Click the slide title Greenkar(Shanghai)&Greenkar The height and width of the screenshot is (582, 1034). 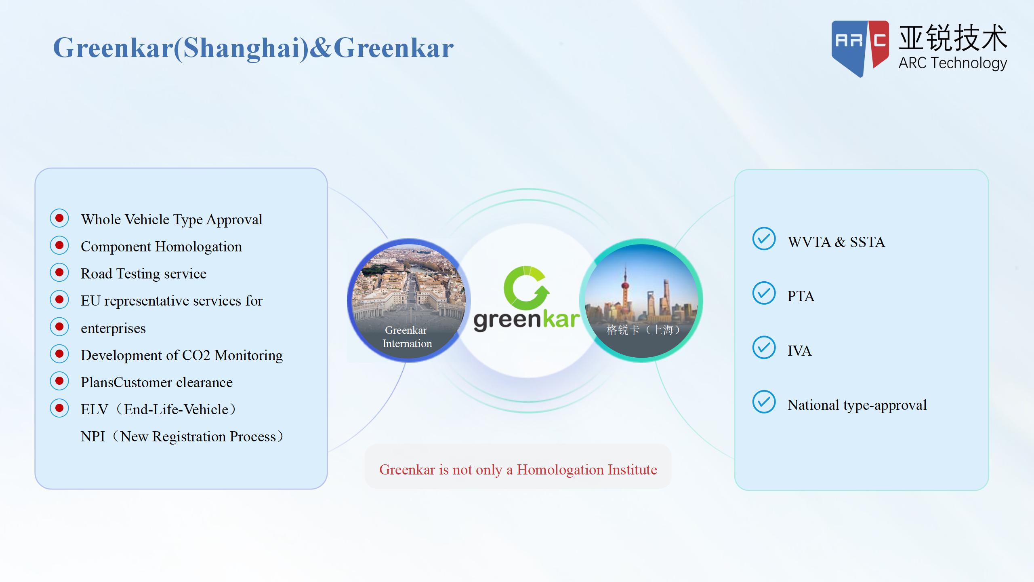tap(253, 48)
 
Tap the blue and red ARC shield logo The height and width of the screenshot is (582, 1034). tap(860, 48)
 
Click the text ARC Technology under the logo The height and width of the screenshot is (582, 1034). tap(952, 63)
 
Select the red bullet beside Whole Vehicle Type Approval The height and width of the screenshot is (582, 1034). tap(59, 218)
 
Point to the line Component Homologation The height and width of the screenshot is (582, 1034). tap(161, 247)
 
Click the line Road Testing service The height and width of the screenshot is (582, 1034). tap(143, 274)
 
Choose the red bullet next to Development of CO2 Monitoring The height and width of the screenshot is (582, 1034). tap(59, 354)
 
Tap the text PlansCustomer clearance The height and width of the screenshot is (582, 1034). tap(157, 382)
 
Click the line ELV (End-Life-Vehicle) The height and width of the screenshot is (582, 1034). tap(159, 409)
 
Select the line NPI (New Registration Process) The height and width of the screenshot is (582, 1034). tap(182, 436)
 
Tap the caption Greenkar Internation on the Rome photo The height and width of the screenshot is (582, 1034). tap(407, 337)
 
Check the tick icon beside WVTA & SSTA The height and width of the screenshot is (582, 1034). tap(764, 238)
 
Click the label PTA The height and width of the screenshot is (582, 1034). tap(801, 296)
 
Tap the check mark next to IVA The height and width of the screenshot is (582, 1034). tap(764, 347)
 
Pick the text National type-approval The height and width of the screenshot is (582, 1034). tap(857, 405)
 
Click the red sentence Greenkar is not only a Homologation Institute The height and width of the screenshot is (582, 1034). tap(518, 470)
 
